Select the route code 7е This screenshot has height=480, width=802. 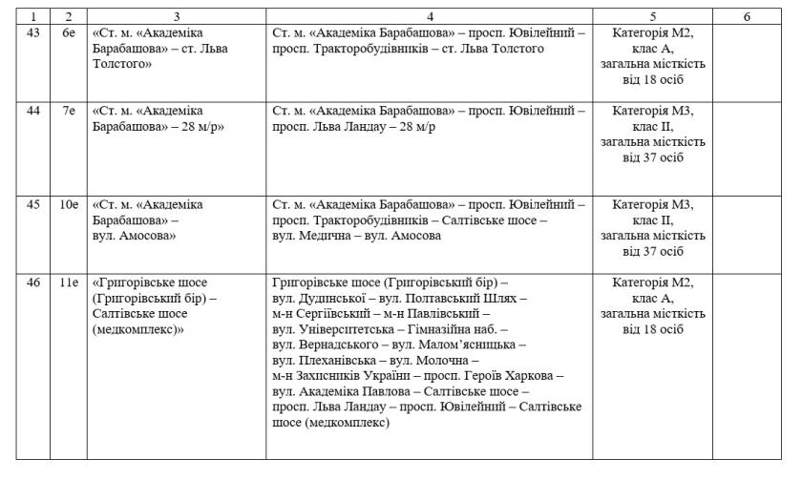tap(68, 111)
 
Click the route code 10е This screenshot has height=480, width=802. tap(68, 204)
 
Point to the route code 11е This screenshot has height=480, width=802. tap(68, 282)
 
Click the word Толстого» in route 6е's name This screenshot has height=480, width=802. tap(123, 64)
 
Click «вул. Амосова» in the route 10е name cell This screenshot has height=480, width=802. tap(129, 235)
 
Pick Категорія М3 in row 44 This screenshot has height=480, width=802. tap(653, 111)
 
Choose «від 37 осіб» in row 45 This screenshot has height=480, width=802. tap(653, 251)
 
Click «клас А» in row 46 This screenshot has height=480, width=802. tap(653, 298)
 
